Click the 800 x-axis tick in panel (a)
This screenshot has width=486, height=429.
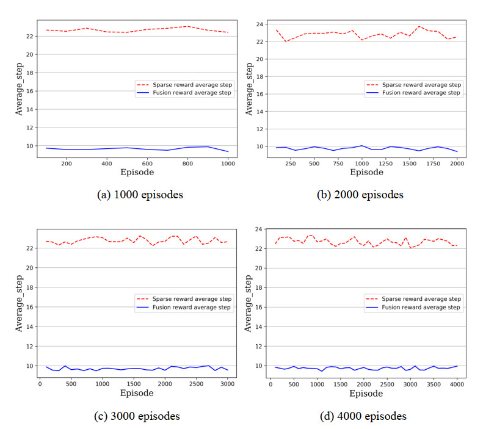click(189, 163)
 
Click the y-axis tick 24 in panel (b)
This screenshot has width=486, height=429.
click(258, 24)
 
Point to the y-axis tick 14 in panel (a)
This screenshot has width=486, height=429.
click(31, 109)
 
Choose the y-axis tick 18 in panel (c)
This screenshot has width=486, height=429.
click(31, 287)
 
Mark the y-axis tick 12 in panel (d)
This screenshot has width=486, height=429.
click(258, 346)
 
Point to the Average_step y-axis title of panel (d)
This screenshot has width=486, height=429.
click(248, 303)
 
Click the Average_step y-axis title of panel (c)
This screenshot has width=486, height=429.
click(19, 303)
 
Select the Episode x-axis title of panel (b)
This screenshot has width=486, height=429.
click(365, 173)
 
